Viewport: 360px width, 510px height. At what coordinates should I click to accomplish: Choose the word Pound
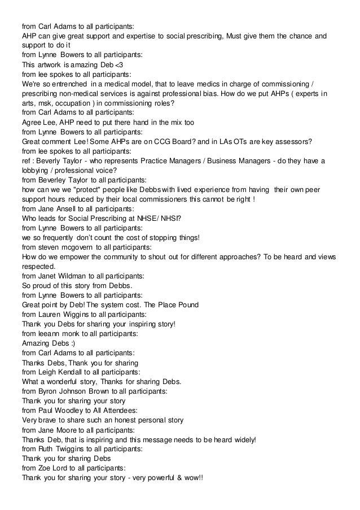click(x=185, y=304)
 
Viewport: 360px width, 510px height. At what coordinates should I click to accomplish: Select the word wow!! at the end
click(x=192, y=477)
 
